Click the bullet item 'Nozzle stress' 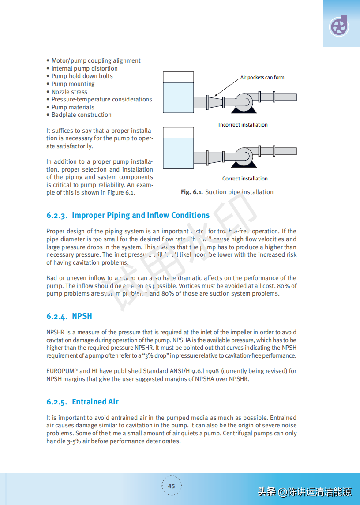[x=69, y=92]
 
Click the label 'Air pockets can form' [x=262, y=77]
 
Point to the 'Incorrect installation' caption [x=243, y=125]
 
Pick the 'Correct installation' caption [x=245, y=179]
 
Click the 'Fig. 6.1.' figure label [x=192, y=192]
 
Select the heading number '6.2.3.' [x=57, y=216]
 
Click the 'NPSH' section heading [x=82, y=316]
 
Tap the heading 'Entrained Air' [x=95, y=402]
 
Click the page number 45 [x=172, y=486]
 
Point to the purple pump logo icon [x=339, y=26]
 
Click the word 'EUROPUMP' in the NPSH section [x=62, y=371]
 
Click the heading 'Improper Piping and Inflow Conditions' [x=141, y=216]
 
